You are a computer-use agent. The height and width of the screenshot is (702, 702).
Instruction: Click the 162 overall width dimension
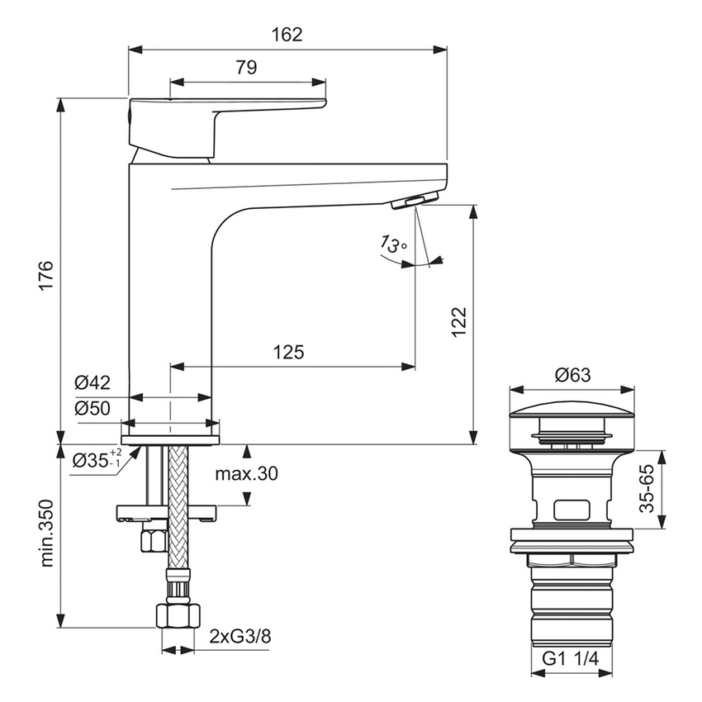286,35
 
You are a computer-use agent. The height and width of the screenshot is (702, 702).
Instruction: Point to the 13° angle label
393,244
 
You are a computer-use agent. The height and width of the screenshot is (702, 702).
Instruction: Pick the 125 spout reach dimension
288,352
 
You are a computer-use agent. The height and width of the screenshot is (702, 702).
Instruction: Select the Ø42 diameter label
92,382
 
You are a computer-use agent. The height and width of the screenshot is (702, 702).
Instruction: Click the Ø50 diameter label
92,408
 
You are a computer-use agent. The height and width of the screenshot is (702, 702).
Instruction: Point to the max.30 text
247,474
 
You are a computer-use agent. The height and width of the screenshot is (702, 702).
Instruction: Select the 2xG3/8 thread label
239,637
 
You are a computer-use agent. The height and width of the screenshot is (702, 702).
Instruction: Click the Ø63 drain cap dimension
572,375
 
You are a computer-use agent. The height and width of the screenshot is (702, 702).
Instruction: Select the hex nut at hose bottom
178,615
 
